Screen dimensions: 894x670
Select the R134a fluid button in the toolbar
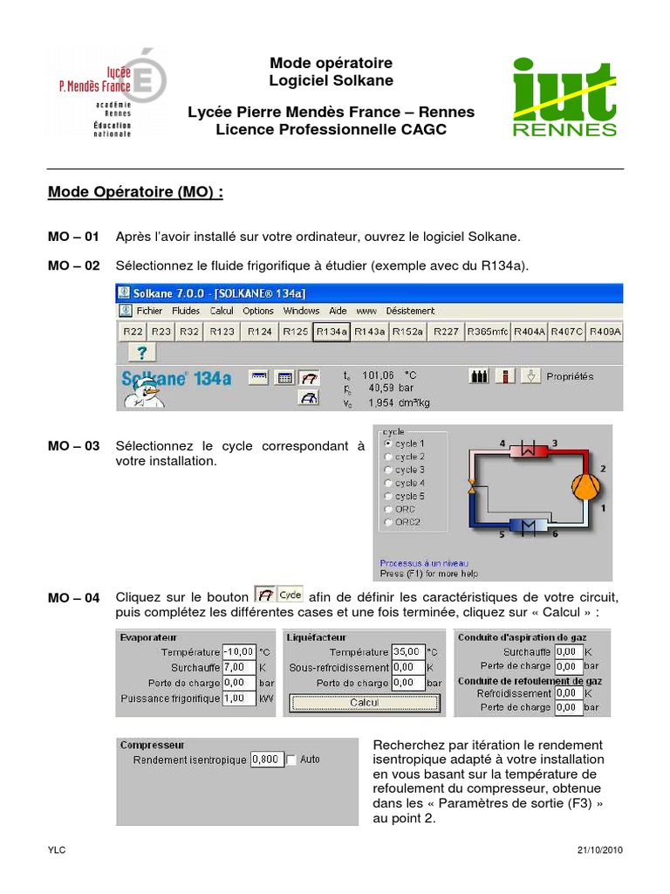coord(332,332)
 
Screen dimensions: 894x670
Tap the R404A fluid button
coord(529,332)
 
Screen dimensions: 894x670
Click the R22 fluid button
coord(133,332)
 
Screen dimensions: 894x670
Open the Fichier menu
coord(149,310)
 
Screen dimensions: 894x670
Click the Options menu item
coord(258,310)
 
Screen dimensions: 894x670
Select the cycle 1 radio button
coord(389,444)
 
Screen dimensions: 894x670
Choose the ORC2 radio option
coord(389,522)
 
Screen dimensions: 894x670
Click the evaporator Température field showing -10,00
coord(239,652)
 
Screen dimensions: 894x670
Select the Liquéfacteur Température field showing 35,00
coord(408,652)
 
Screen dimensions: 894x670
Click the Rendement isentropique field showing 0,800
coord(266,760)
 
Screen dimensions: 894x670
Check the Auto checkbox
coord(291,760)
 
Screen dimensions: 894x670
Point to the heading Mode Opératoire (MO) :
coord(135,192)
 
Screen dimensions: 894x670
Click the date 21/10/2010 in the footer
coord(599,849)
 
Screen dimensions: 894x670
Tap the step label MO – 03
coord(74,446)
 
